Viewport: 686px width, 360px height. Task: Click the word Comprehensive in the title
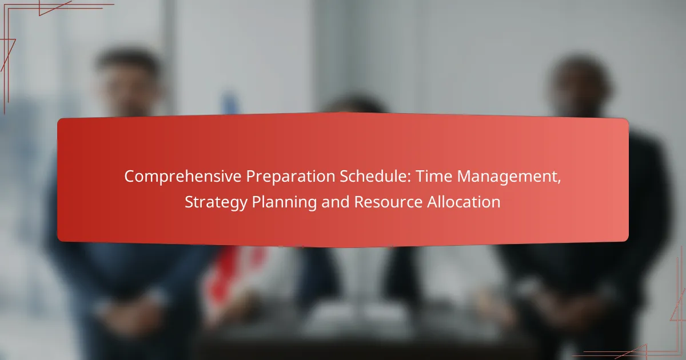click(183, 177)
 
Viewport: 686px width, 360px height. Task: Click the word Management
click(506, 177)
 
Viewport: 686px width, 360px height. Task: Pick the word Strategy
click(216, 202)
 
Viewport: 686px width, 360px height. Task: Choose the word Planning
click(284, 202)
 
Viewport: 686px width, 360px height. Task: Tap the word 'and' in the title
click(336, 202)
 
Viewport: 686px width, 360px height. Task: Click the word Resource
click(388, 202)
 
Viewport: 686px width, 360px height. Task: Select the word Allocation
click(464, 202)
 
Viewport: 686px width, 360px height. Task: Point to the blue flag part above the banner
click(230, 104)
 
